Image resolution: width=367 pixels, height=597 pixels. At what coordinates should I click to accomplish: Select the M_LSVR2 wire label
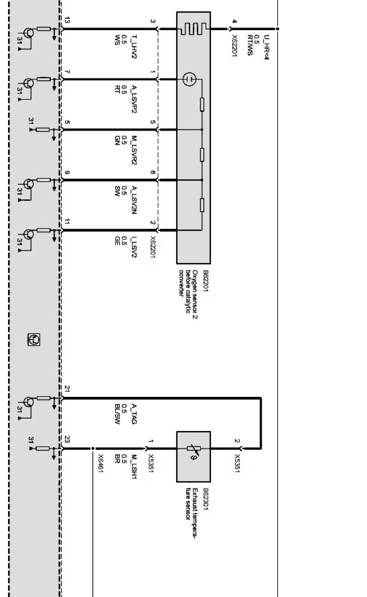pyautogui.click(x=134, y=150)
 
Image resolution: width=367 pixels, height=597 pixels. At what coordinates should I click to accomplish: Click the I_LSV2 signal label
pyautogui.click(x=134, y=247)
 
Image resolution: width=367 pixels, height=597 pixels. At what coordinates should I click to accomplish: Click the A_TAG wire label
pyautogui.click(x=134, y=414)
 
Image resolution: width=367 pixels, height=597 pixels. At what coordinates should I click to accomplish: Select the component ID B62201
pyautogui.click(x=206, y=281)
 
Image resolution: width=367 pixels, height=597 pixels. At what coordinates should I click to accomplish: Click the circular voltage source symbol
pyautogui.click(x=189, y=80)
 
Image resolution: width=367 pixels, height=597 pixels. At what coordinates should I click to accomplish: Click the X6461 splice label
pyautogui.click(x=101, y=463)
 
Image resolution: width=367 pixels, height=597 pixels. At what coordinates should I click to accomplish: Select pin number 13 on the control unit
pyautogui.click(x=67, y=21)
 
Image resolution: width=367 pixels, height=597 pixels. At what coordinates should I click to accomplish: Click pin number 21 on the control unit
pyautogui.click(x=67, y=389)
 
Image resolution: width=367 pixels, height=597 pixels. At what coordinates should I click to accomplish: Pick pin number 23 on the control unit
pyautogui.click(x=67, y=439)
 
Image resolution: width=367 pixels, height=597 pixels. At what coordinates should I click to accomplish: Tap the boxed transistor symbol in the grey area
pyautogui.click(x=34, y=339)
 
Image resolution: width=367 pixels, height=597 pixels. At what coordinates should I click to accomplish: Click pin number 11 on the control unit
pyautogui.click(x=67, y=221)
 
